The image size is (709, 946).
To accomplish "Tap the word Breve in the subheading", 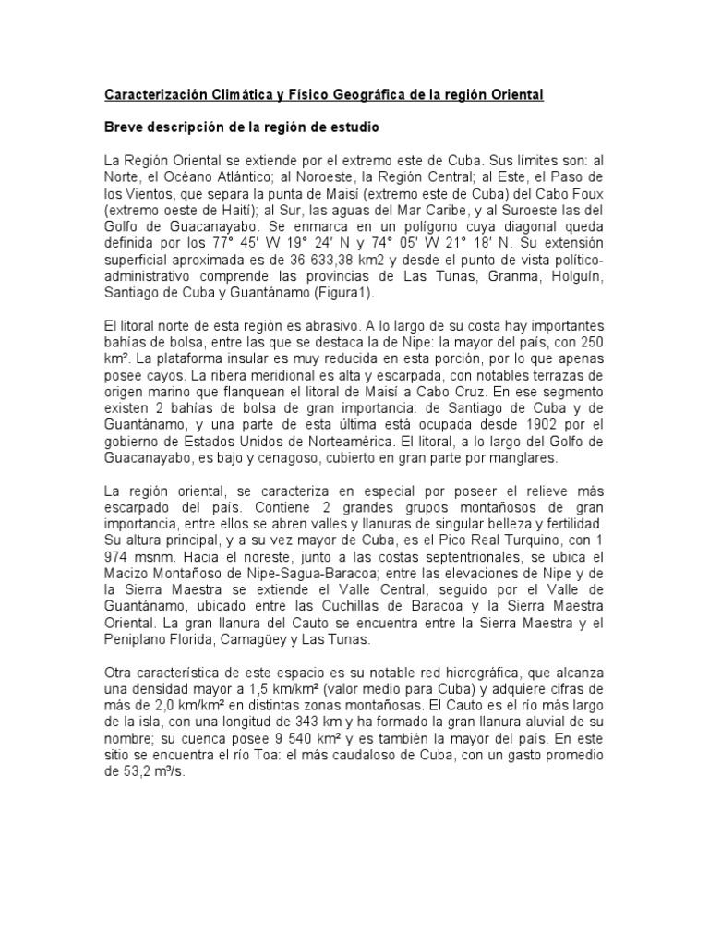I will [x=124, y=126].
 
